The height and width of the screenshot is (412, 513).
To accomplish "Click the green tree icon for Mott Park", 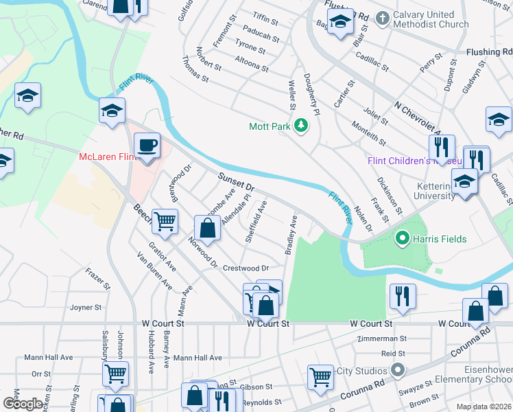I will point(300,126).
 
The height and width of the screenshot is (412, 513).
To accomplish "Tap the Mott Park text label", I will point(269,126).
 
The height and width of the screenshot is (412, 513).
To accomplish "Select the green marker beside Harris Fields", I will point(401,239).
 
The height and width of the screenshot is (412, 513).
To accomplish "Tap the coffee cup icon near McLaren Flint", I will point(147,146).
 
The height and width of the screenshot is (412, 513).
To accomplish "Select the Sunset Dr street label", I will point(236,182).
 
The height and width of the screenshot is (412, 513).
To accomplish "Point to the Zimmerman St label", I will point(383,339).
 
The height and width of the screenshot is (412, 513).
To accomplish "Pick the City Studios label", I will point(361,371).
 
